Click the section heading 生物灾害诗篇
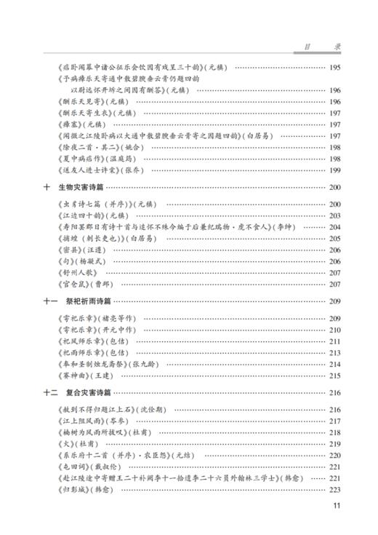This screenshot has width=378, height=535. (85, 187)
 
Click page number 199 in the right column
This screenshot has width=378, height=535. (334, 170)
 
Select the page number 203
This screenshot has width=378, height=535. (334, 215)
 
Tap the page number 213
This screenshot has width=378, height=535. (334, 352)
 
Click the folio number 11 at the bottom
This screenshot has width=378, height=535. (336, 507)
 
